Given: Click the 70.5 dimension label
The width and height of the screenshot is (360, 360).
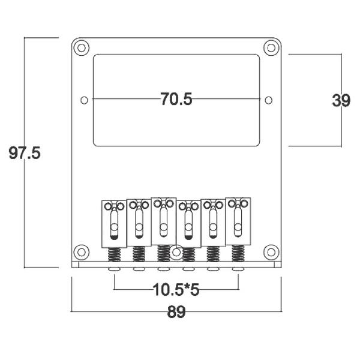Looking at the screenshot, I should [176, 99].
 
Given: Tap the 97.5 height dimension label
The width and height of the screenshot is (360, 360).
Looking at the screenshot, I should [25, 153].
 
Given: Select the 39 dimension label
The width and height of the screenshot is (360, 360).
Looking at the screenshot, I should [341, 100].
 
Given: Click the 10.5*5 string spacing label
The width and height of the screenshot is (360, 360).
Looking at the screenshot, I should [176, 291].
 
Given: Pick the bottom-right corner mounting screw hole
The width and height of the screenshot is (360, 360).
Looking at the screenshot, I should [272, 251].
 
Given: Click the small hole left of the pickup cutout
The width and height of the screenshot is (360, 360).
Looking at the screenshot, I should [84, 99].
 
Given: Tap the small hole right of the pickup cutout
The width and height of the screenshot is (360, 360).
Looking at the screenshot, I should [268, 99].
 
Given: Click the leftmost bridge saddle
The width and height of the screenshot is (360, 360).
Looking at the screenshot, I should [114, 223].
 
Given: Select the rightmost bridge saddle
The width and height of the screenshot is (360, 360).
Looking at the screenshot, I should [238, 221].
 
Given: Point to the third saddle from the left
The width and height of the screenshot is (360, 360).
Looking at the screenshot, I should [163, 221].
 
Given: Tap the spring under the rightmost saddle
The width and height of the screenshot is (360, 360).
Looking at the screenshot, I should [238, 254].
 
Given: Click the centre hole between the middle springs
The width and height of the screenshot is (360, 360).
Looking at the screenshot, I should [176, 253].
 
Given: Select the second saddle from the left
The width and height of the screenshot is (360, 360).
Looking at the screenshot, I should [139, 223].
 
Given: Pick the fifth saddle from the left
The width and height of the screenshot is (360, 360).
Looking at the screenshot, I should [212, 223].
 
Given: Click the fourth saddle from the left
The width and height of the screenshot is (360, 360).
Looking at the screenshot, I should [188, 223].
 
